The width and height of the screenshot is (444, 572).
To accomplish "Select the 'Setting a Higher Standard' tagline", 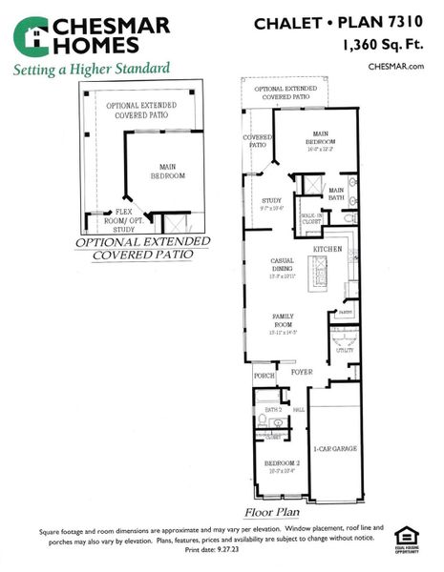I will coord(92,69).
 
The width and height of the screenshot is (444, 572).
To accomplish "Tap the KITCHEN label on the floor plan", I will coord(326,249).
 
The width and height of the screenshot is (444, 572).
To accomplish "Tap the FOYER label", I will coord(303,372).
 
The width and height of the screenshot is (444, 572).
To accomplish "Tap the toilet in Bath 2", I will coord(264,419).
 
